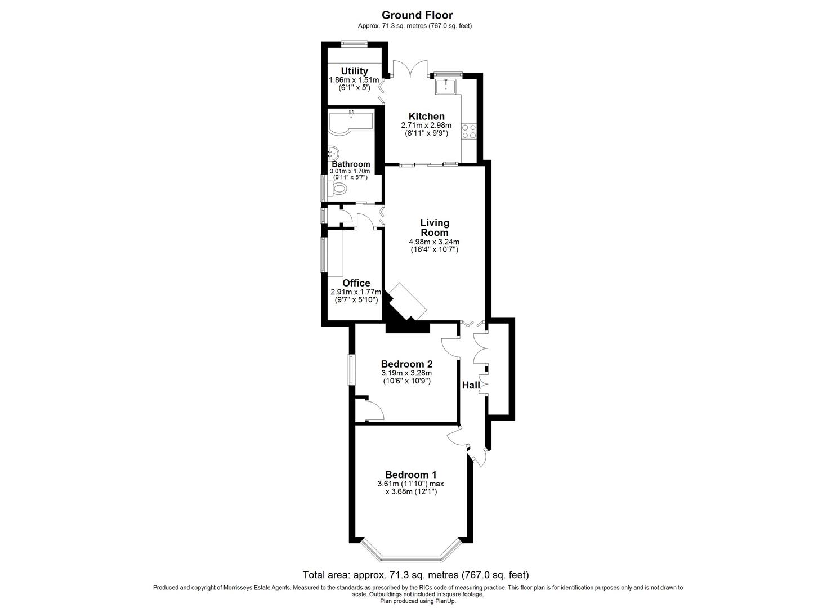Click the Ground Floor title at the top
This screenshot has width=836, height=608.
pyautogui.click(x=417, y=15)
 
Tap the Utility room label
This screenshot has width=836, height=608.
pyautogui.click(x=354, y=71)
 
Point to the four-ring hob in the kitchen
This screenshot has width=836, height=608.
pyautogui.click(x=469, y=131)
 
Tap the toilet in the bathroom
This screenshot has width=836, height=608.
pyautogui.click(x=338, y=188)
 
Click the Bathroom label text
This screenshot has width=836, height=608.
pyautogui.click(x=350, y=164)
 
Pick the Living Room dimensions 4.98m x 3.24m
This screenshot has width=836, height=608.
pyautogui.click(x=434, y=242)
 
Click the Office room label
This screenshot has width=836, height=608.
pyautogui.click(x=356, y=283)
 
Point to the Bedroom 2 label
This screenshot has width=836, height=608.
pyautogui.click(x=406, y=364)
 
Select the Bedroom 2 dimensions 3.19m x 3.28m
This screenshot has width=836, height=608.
pyautogui.click(x=406, y=373)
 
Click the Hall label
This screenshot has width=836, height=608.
pyautogui.click(x=470, y=386)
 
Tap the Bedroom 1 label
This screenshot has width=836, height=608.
pyautogui.click(x=410, y=475)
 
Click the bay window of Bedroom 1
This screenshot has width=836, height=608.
pyautogui.click(x=410, y=557)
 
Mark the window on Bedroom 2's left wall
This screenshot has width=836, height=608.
pyautogui.click(x=350, y=369)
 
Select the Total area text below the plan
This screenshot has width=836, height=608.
pyautogui.click(x=416, y=575)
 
